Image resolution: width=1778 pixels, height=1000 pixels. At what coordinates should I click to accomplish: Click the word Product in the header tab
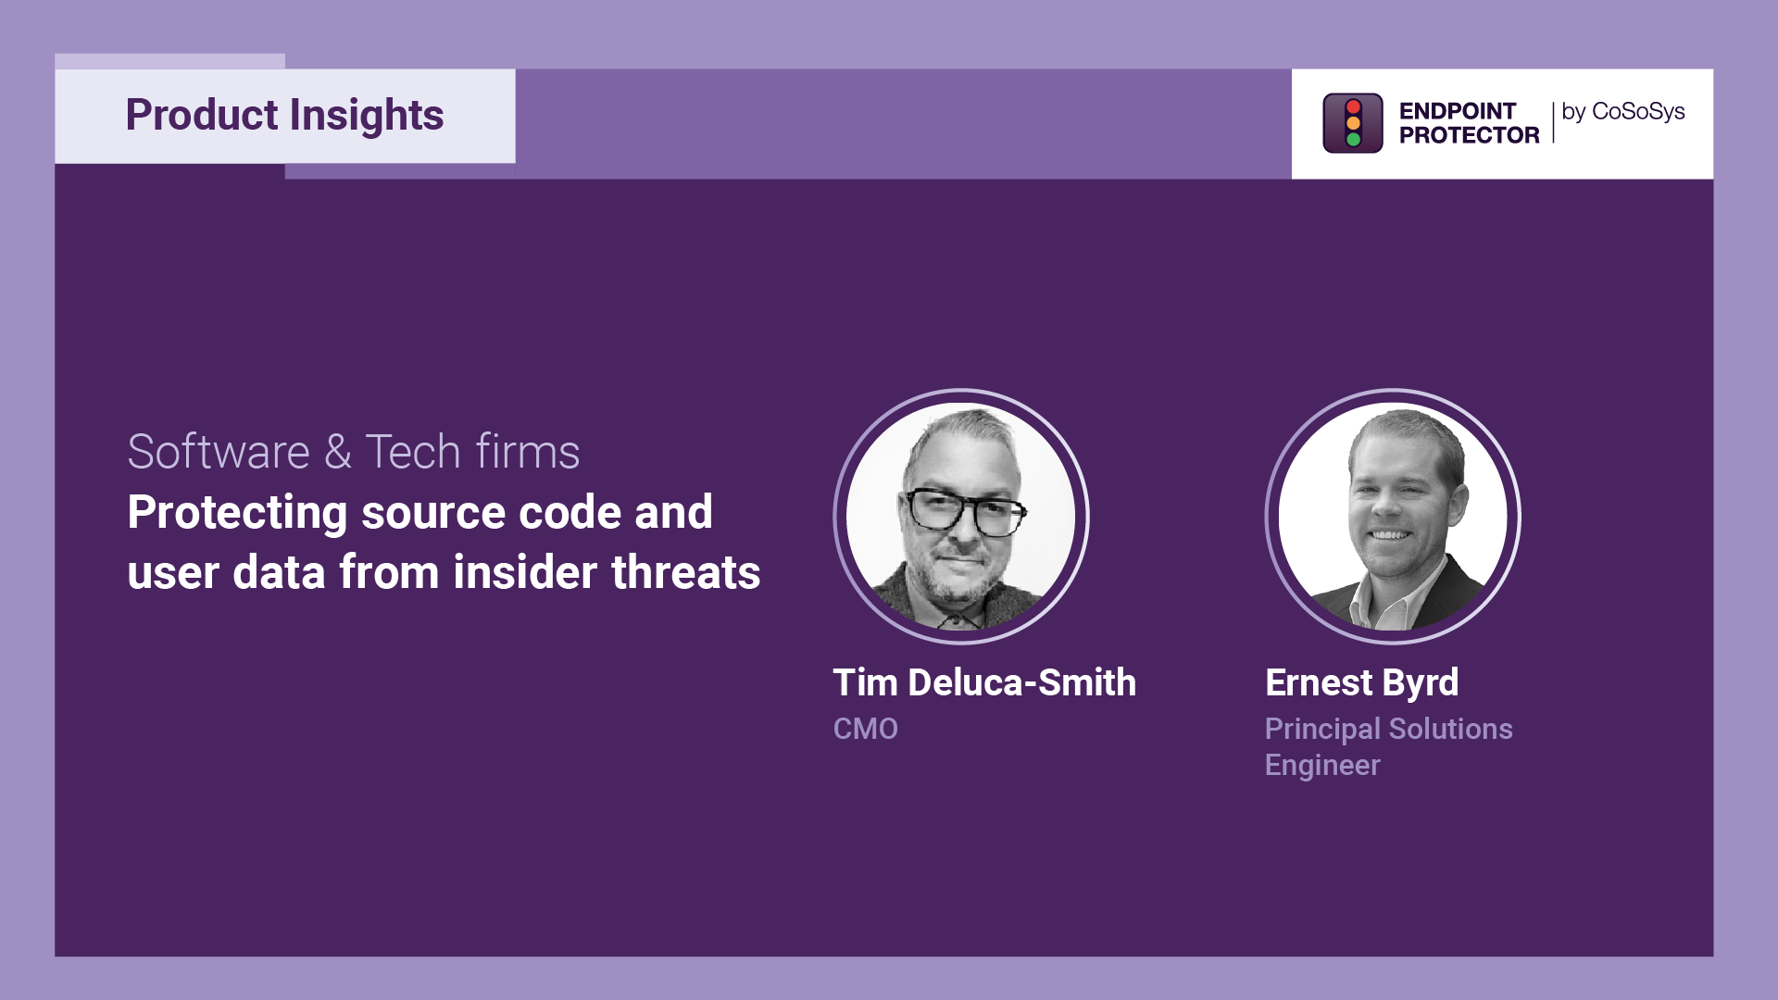202,115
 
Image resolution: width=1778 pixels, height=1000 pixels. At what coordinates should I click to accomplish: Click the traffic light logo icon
1353,123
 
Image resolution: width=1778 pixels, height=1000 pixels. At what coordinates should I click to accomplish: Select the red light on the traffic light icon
1353,106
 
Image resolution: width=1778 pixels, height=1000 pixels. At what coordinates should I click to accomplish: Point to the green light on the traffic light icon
1353,140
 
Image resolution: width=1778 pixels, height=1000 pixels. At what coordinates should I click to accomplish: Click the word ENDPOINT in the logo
1458,111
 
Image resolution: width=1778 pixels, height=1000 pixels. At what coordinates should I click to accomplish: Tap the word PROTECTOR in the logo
1469,135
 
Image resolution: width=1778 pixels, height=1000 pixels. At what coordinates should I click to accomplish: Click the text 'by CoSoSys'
1623,112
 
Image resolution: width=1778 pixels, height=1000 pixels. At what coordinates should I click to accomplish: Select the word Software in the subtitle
219,452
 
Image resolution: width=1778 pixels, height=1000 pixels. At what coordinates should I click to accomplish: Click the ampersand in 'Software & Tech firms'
338,452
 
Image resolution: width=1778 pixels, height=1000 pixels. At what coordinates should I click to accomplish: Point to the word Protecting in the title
238,513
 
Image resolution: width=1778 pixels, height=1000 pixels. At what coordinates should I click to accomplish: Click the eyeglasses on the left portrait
964,512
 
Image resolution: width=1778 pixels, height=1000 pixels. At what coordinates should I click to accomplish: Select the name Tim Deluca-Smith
984,682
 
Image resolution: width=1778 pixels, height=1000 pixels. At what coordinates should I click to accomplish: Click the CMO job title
866,729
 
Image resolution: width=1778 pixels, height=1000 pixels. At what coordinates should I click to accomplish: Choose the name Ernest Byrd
1362,683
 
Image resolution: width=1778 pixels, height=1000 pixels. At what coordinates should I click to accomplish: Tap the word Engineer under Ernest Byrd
1322,766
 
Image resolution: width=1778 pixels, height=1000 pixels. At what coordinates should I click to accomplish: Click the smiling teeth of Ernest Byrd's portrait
1388,535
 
